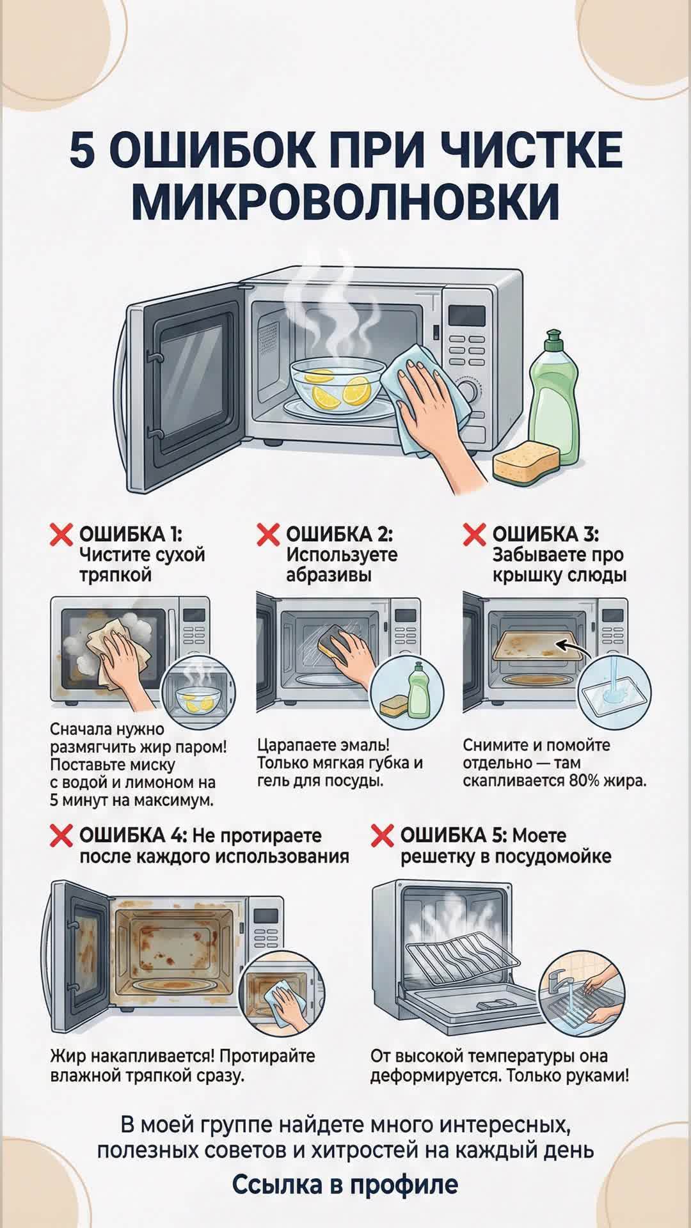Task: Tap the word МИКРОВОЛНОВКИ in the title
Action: pyautogui.click(x=345, y=201)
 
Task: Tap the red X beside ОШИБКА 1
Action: pyautogui.click(x=61, y=534)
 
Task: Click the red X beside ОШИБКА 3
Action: pyautogui.click(x=474, y=534)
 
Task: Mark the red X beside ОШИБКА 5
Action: pyautogui.click(x=382, y=835)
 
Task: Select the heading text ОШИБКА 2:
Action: pyautogui.click(x=339, y=534)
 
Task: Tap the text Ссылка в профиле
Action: pyautogui.click(x=345, y=1185)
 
